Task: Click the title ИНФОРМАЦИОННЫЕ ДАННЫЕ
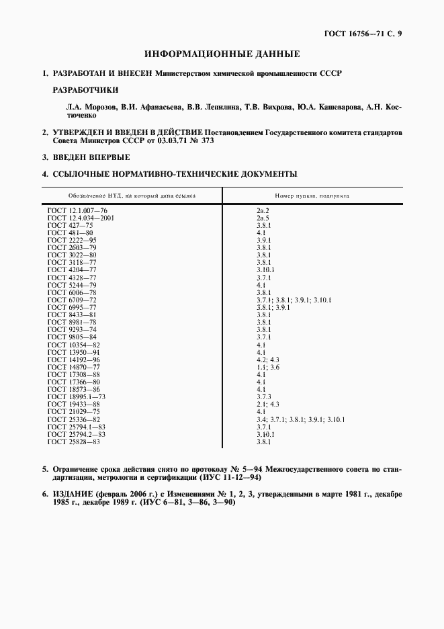point(222,54)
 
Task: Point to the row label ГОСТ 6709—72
point(72,299)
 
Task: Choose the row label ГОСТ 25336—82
point(74,419)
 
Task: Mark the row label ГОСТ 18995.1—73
point(77,397)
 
